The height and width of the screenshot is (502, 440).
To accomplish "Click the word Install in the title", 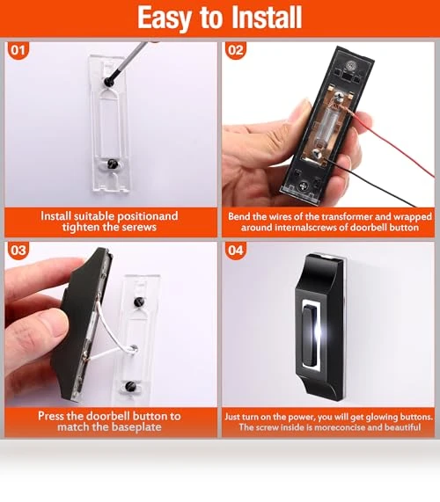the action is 267,18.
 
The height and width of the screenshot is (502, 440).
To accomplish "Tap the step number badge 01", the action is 18,50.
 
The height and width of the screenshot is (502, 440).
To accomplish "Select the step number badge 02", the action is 236,50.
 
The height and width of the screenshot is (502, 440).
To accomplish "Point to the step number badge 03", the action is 18,250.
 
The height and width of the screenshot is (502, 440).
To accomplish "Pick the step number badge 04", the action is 236,250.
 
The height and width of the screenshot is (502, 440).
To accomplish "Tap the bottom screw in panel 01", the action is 112,164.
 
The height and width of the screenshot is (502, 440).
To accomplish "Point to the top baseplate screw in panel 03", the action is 139,302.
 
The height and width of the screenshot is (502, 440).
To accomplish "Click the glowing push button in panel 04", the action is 311,335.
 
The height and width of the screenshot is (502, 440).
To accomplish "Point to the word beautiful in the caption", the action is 402,427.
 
